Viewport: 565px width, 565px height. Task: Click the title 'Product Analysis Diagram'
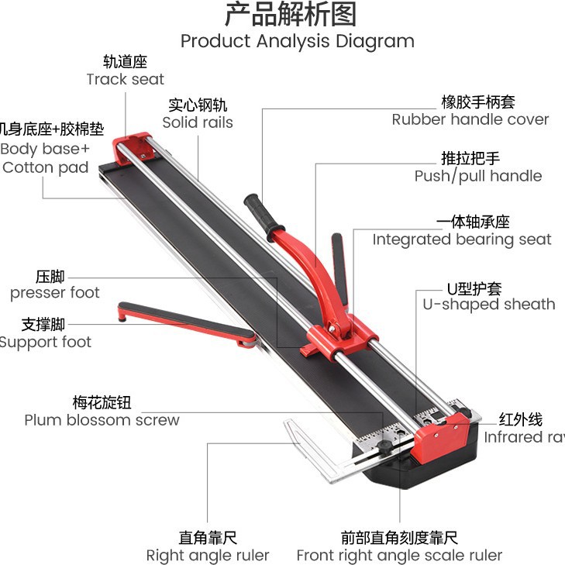pos(297,41)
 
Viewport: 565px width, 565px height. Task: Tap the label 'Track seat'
pos(125,79)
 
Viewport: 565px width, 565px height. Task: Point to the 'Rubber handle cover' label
pos(470,119)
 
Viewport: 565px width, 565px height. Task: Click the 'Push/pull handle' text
pos(477,176)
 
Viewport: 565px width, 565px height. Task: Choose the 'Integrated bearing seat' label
pos(462,239)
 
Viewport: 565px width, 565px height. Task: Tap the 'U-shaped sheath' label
pos(488,304)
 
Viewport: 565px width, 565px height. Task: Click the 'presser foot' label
pos(54,293)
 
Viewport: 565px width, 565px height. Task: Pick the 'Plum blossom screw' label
pos(102,420)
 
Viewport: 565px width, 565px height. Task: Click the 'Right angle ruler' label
pos(208,555)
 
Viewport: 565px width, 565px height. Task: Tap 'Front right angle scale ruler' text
pos(399,555)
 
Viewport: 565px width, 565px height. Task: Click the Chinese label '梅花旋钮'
pos(102,403)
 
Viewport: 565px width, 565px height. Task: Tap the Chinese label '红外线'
pos(520,420)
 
